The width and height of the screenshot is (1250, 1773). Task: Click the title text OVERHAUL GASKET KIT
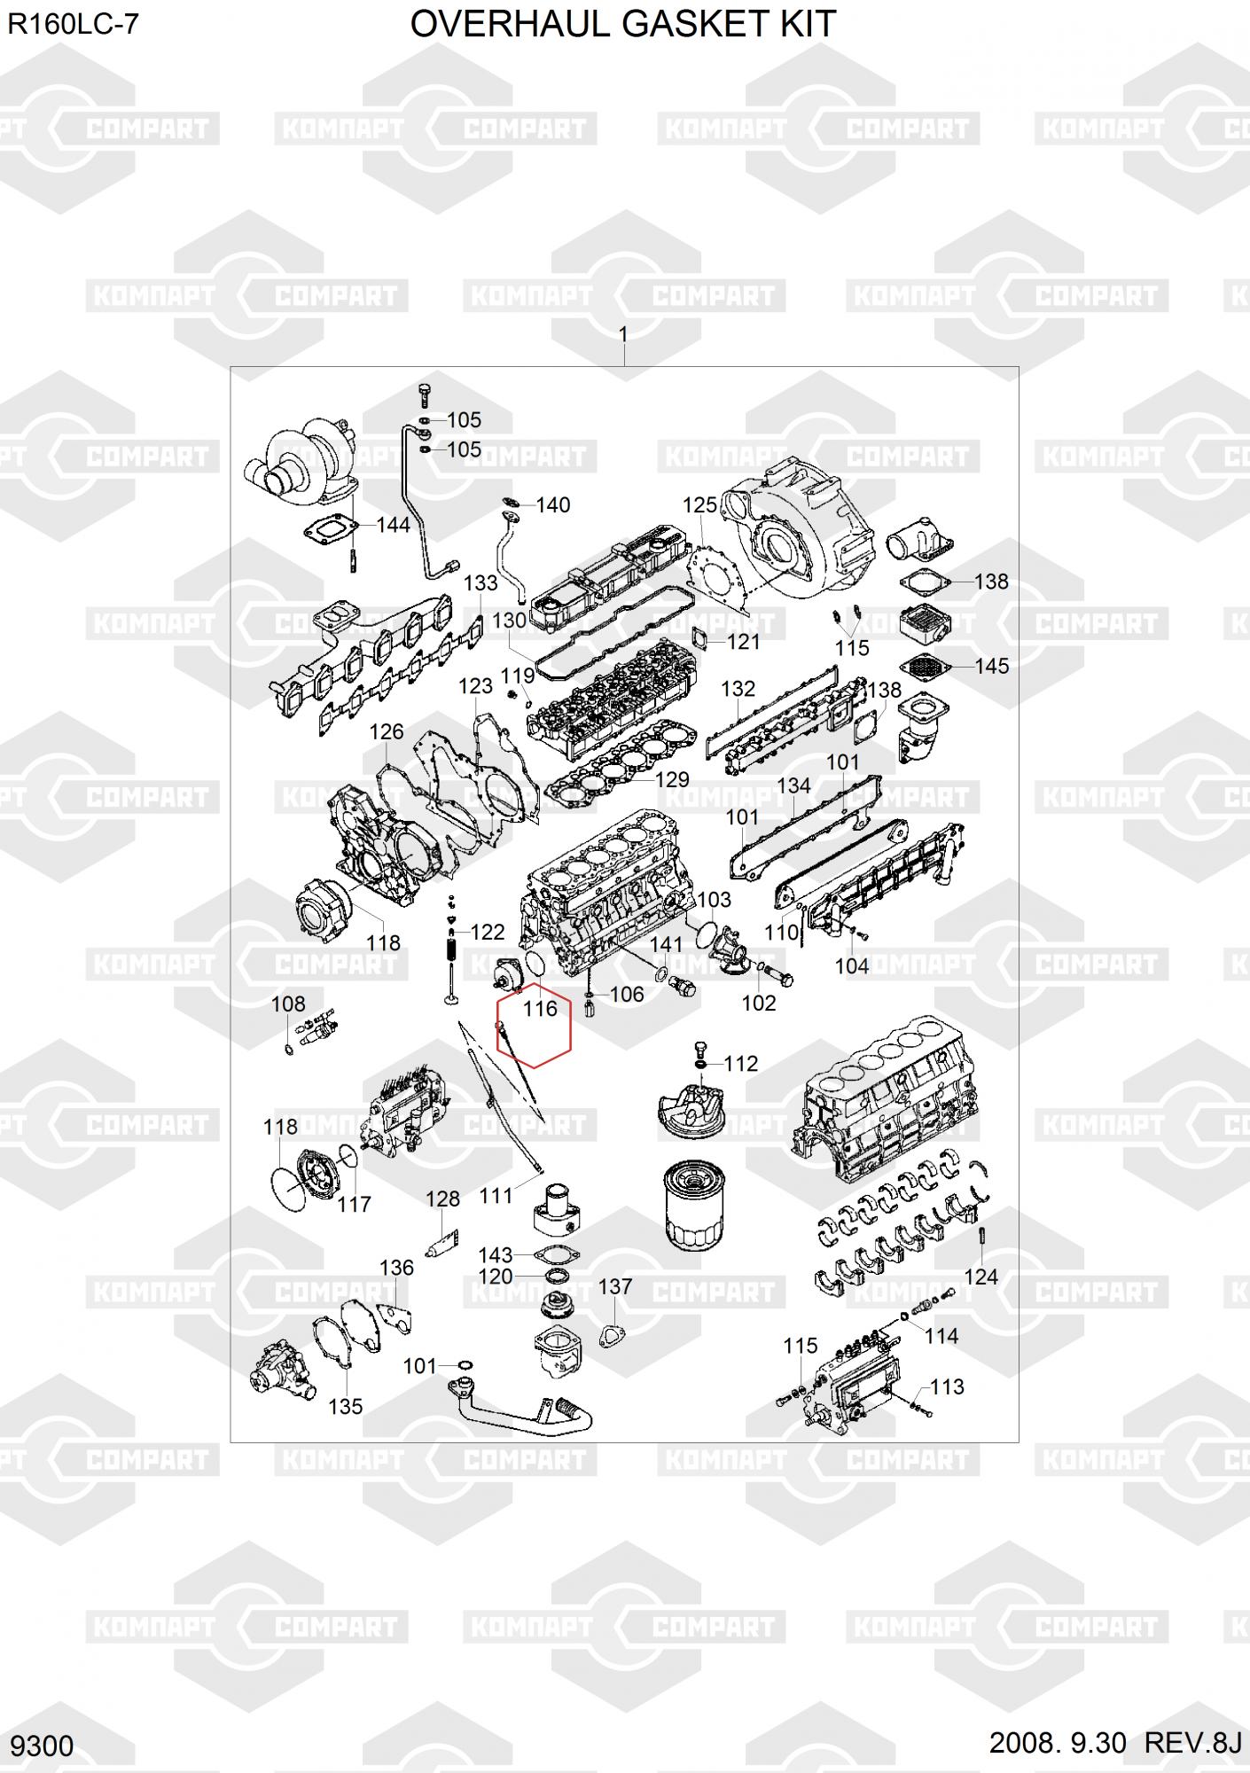622,24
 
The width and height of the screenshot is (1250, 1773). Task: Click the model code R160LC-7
74,24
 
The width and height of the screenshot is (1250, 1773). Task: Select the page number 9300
43,1746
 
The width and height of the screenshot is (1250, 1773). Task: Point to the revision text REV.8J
1193,1742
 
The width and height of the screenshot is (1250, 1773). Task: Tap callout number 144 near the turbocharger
393,525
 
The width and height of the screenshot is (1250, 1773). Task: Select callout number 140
553,505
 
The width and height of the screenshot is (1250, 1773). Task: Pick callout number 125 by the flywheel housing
699,505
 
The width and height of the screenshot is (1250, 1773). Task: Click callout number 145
991,666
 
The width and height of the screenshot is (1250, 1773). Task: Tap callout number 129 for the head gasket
672,779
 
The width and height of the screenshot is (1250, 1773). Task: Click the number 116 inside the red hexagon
540,1009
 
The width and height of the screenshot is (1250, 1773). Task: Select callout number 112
741,1063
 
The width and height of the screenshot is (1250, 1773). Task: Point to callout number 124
980,1277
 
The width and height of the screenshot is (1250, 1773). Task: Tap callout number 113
947,1386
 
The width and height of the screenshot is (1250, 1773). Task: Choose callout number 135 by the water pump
345,1406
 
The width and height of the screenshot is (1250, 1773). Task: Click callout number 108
288,1004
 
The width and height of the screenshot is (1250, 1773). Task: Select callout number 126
386,731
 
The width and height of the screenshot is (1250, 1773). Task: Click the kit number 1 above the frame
623,334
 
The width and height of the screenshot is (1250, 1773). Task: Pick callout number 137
615,1285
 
